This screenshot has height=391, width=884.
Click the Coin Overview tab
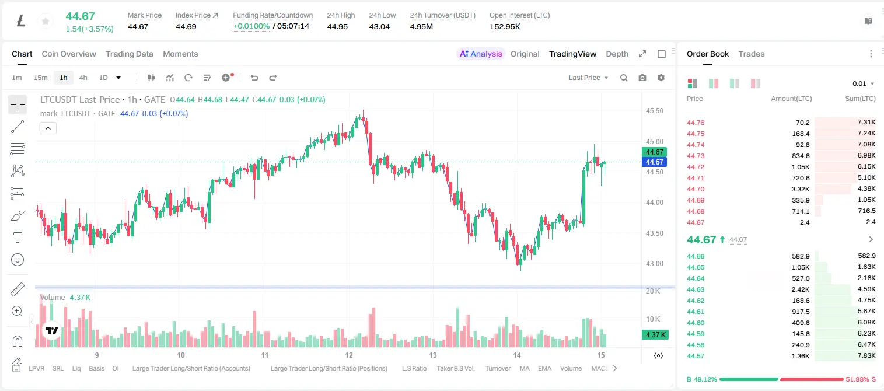tap(69, 54)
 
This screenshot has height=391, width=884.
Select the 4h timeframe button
tap(83, 78)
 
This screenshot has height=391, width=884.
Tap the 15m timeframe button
tap(41, 78)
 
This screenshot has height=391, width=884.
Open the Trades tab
tap(752, 54)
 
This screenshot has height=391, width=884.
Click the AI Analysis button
tap(481, 54)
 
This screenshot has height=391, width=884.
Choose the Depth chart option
tap(617, 54)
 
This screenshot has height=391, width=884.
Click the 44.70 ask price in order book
tap(696, 189)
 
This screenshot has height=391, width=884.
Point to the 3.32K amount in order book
tap(801, 189)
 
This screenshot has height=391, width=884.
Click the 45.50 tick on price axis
tap(654, 111)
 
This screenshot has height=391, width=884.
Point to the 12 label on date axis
tap(349, 355)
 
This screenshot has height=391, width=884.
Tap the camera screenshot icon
tap(642, 78)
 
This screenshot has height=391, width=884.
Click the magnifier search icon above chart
tap(624, 78)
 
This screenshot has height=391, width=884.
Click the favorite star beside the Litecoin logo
tap(46, 21)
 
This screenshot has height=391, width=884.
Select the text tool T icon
tap(18, 238)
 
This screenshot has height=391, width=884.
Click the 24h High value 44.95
tap(337, 26)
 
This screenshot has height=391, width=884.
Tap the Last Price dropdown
tap(588, 78)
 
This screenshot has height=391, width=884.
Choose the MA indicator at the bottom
tap(525, 368)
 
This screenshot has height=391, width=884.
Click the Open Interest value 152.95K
tap(505, 26)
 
